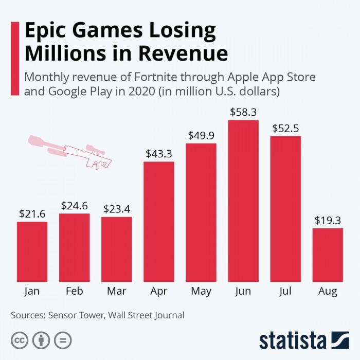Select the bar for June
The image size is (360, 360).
coord(243,201)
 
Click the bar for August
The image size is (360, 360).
coord(328,255)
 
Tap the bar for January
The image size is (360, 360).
coord(32,252)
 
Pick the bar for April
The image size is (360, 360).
coord(159,222)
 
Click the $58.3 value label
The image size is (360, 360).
coord(243,112)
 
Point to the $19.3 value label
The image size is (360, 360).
coord(328,220)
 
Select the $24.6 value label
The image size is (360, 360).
coord(74,205)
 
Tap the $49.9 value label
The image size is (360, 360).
coord(201,135)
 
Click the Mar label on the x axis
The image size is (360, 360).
coord(117,292)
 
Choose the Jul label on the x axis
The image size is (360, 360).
coord(285,292)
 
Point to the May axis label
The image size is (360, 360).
coord(201,292)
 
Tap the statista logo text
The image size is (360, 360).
coord(293,340)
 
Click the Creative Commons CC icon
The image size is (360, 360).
coord(20,340)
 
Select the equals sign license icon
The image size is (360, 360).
coord(63,340)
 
